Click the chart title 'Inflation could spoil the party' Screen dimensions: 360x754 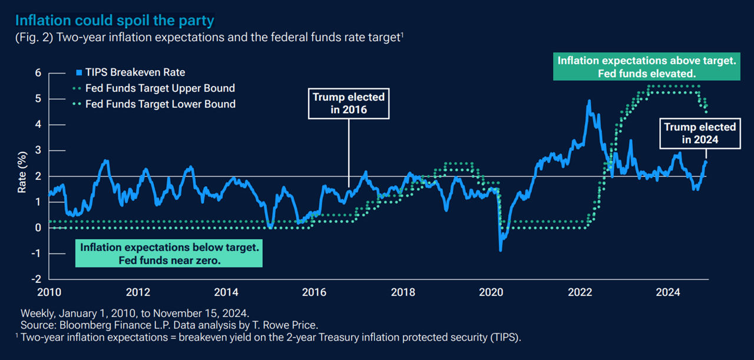114,21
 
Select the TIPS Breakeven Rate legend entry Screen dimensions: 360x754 135,72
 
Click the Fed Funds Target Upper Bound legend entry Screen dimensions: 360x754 160,88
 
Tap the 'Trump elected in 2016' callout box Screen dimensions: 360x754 348,103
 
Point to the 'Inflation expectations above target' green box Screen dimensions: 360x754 647,67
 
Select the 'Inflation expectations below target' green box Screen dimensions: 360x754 169,253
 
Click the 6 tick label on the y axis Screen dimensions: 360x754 38,73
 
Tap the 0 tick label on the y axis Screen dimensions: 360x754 38,227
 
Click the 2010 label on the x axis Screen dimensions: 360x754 48,292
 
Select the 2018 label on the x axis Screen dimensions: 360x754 403,292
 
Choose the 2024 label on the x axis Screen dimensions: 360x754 668,292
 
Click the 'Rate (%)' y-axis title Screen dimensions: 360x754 22,176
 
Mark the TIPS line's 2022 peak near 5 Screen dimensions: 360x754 588,101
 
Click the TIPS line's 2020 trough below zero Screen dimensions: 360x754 501,250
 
